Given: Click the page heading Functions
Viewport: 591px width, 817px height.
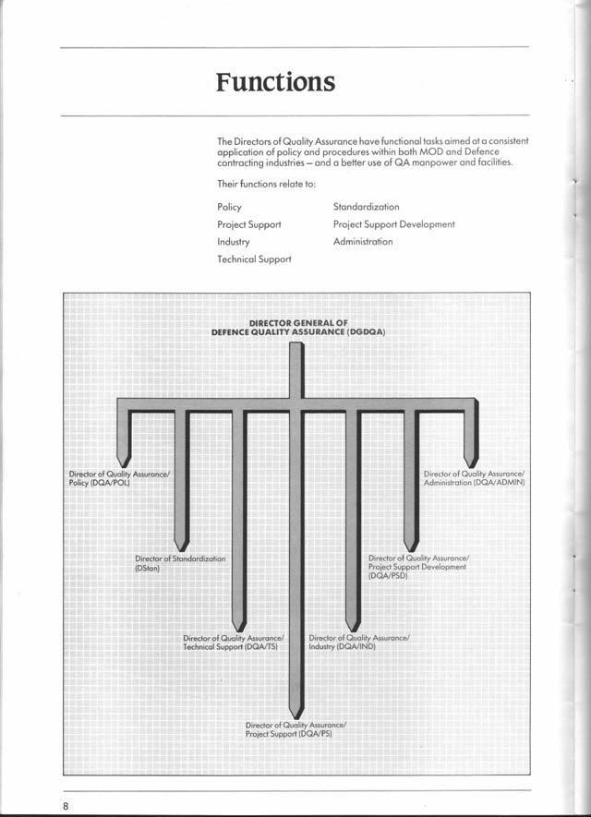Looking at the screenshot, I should [x=275, y=82].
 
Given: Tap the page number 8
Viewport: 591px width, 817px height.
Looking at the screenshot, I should [x=66, y=806].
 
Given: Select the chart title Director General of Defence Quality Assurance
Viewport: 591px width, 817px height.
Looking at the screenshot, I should [x=292, y=327].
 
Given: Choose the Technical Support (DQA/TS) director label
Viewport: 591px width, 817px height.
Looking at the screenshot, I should [x=233, y=643].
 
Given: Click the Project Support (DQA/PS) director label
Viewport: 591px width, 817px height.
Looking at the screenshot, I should [x=295, y=729].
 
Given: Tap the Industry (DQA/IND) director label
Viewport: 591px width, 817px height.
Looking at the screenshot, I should [x=358, y=643].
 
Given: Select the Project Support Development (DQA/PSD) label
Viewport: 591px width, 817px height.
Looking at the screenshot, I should [x=417, y=567].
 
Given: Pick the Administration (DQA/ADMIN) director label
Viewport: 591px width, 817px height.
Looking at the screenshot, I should [x=474, y=478].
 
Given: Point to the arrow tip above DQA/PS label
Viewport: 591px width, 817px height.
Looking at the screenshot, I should [x=295, y=711].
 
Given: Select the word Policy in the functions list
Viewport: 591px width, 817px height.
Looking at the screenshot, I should [x=229, y=207].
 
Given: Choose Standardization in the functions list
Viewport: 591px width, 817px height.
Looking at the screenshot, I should [x=366, y=207].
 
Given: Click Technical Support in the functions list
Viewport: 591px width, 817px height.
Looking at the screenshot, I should [x=254, y=259].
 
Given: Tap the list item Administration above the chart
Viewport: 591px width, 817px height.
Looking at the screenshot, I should [x=362, y=242].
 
